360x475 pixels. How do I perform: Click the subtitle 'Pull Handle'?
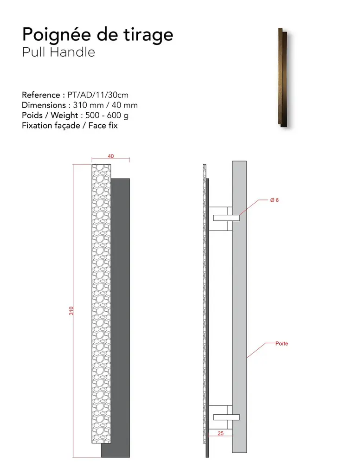pos(58,52)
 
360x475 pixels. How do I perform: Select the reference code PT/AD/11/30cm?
pos(98,95)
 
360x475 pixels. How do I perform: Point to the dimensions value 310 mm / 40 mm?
pos(105,105)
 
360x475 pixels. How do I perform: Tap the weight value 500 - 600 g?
pos(107,116)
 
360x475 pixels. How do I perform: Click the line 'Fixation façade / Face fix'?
pos(70,125)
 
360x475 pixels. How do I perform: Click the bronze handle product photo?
pos(283,77)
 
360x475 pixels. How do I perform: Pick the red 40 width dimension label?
pos(110,156)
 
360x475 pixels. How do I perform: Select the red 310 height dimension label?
pos(71,311)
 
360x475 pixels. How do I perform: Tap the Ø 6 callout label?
pos(275,200)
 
